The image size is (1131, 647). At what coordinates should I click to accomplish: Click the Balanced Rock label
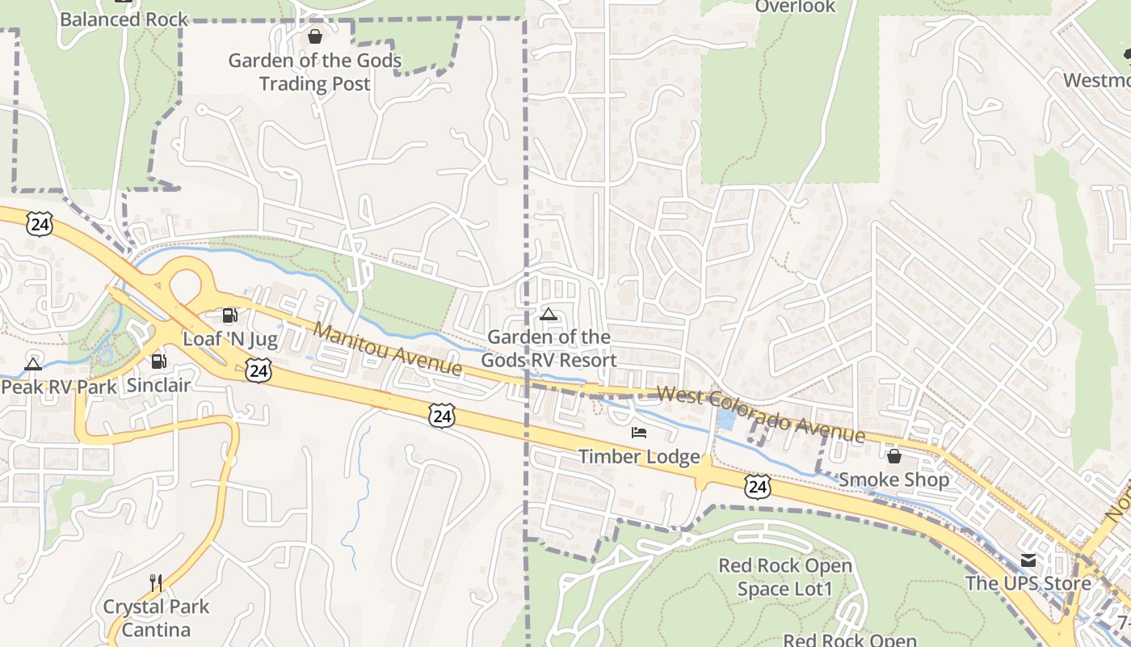[x=124, y=19]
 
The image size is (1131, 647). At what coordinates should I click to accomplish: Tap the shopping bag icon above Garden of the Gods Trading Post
[x=315, y=36]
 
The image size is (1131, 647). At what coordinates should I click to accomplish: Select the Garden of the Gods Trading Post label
[x=315, y=72]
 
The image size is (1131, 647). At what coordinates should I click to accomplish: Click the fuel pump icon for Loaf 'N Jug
[x=229, y=315]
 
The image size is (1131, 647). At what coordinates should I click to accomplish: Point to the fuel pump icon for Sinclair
[x=158, y=362]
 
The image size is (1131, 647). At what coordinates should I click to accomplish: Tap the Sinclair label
[x=158, y=385]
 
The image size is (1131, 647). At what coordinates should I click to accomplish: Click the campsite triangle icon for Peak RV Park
[x=33, y=363]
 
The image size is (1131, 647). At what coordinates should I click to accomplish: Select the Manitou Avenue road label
[x=388, y=349]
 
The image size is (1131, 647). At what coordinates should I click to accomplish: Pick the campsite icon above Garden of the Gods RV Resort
[x=549, y=314]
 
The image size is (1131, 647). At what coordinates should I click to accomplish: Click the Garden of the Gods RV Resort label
[x=549, y=349]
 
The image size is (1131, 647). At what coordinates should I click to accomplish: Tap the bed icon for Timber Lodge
[x=639, y=433]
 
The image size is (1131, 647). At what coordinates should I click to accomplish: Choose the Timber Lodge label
[x=639, y=457]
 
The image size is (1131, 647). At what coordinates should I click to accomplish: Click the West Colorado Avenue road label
[x=760, y=415]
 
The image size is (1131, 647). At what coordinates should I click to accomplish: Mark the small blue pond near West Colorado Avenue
[x=725, y=419]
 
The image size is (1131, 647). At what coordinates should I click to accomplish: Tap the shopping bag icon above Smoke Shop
[x=893, y=456]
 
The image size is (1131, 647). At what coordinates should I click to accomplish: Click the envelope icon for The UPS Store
[x=1028, y=560]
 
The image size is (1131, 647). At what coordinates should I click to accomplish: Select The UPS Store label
[x=1028, y=583]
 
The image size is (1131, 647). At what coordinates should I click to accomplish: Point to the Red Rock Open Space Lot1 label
[x=785, y=577]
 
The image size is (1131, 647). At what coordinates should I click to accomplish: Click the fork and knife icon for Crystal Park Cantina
[x=156, y=582]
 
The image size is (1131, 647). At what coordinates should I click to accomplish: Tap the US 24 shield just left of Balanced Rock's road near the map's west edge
[x=39, y=224]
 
